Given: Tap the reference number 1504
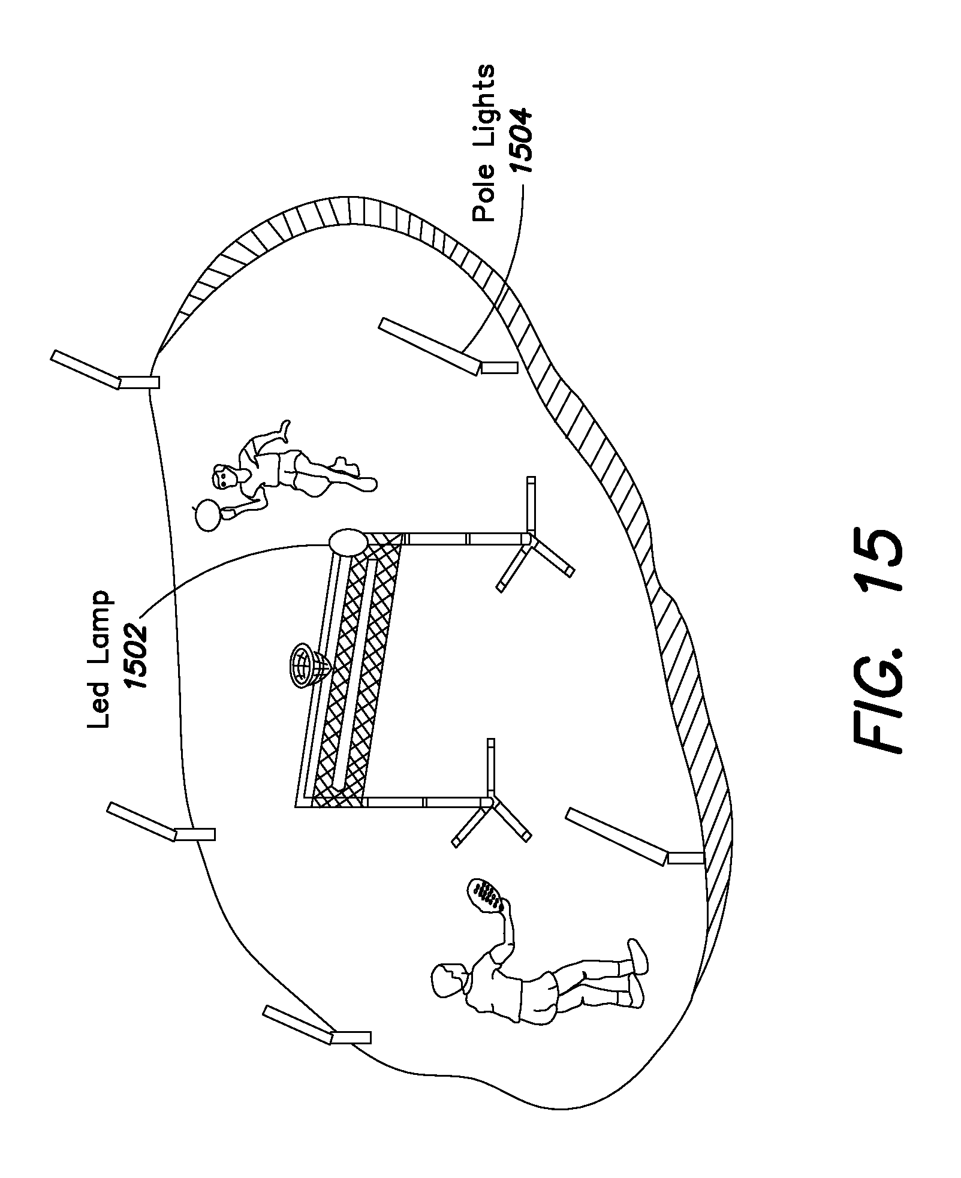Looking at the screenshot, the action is (x=519, y=140).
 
